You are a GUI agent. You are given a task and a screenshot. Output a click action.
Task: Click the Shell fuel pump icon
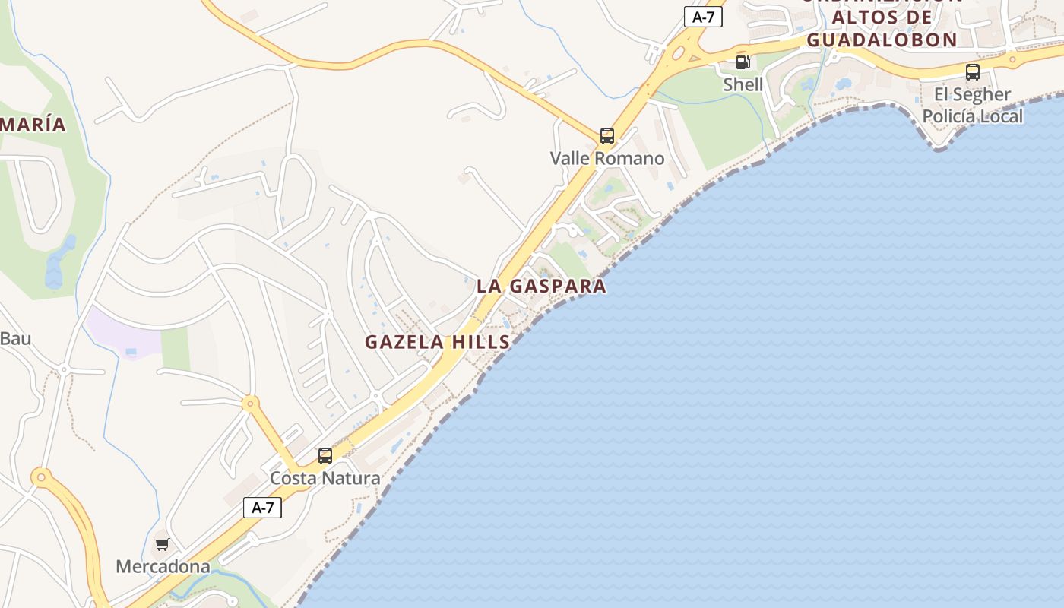[x=743, y=62]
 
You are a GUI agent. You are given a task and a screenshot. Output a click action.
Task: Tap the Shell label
[x=743, y=84]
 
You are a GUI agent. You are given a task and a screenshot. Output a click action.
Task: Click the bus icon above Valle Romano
[x=606, y=136]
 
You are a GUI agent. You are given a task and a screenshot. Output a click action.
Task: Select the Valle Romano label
[x=606, y=158]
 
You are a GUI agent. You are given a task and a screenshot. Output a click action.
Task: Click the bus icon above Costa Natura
[x=325, y=456]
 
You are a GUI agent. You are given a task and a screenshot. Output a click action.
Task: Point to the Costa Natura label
[x=325, y=478]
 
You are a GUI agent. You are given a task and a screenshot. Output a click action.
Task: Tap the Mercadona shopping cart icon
[x=162, y=544]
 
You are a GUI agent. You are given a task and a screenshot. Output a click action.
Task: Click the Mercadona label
[x=163, y=566]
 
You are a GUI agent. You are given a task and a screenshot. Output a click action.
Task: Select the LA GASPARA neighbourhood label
[x=541, y=286]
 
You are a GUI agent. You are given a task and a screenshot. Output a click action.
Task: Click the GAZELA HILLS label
[x=437, y=342]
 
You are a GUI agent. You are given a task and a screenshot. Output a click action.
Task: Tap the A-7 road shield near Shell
[x=703, y=17]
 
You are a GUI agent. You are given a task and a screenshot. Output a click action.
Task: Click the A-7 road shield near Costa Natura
[x=262, y=508]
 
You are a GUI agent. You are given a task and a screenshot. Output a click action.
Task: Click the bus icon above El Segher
[x=972, y=72]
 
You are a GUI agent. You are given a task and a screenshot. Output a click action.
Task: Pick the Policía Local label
[x=972, y=116]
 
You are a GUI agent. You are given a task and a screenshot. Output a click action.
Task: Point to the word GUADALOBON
[x=881, y=40]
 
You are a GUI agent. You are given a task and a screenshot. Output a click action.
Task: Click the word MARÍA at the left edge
[x=33, y=125]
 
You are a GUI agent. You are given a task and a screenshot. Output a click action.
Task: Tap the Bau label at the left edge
[x=15, y=338]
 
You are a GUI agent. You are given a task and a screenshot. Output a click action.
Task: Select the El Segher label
[x=972, y=94]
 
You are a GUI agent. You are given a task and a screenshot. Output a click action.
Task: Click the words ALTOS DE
[x=882, y=17]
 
